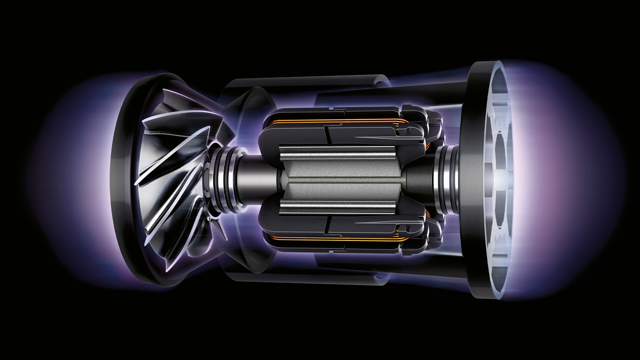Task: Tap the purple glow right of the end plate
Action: (x=565, y=179)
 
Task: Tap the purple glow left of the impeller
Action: (x=71, y=179)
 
